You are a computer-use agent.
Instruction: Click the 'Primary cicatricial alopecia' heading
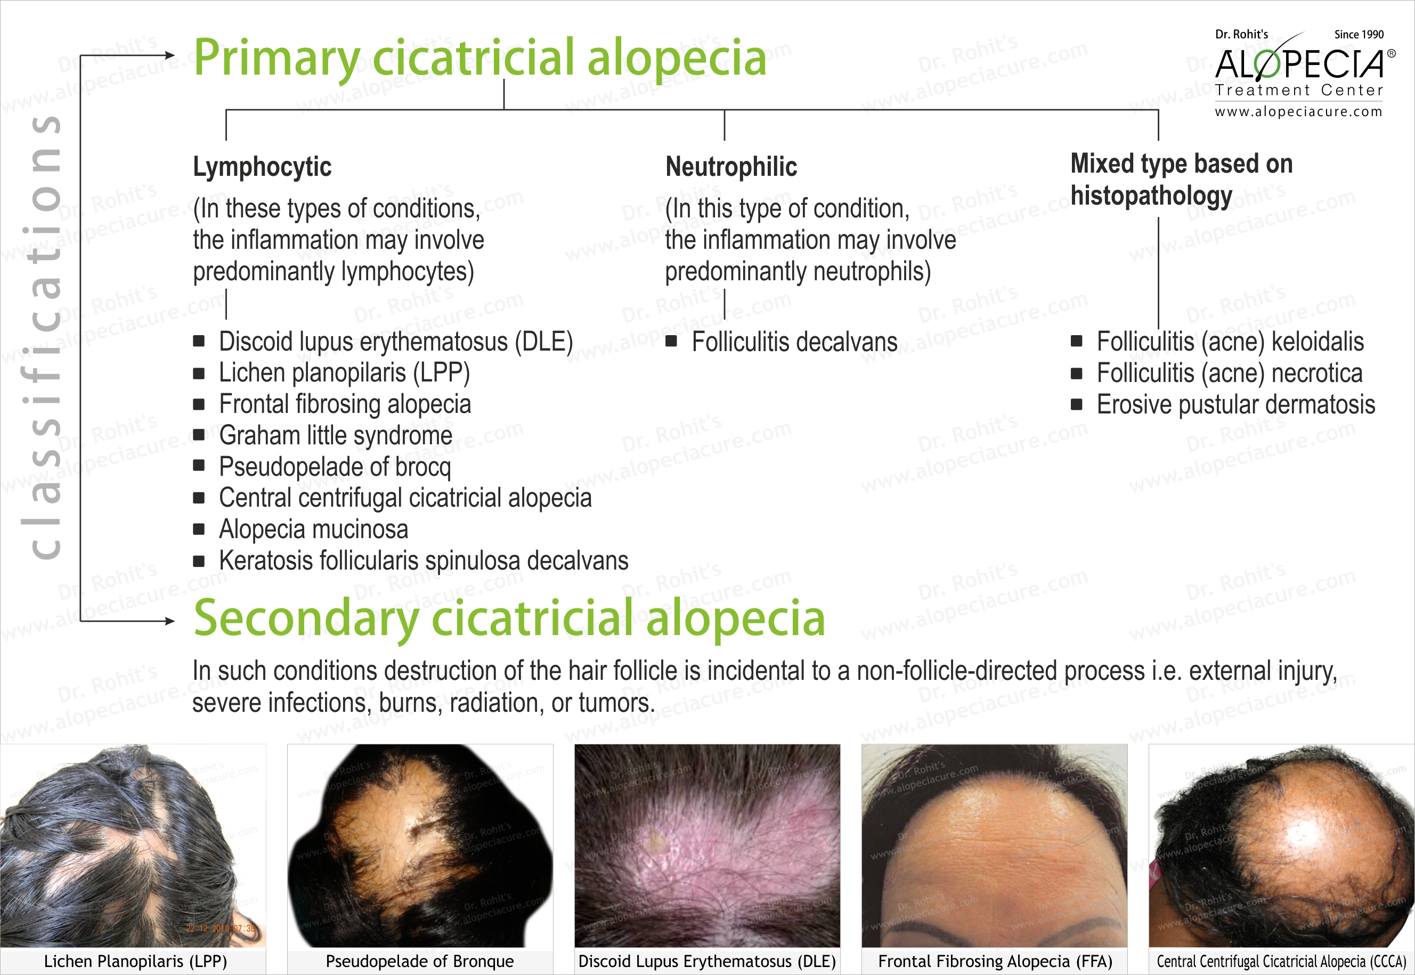coord(479,58)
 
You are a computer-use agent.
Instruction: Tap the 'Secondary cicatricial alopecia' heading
coord(509,617)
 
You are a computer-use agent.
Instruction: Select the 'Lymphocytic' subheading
coord(262,167)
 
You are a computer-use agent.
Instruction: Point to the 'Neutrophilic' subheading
coord(731,167)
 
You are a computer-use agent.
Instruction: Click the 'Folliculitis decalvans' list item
coord(794,342)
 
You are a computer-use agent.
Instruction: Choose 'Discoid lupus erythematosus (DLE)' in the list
coord(396,342)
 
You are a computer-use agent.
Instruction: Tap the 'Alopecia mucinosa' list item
coord(313,529)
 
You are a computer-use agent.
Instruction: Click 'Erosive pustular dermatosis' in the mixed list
coord(1235,404)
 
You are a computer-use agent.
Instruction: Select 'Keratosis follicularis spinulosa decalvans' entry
coord(423,560)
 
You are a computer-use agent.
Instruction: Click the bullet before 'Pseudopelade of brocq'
coord(199,466)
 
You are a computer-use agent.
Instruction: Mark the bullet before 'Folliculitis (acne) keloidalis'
coord(1076,341)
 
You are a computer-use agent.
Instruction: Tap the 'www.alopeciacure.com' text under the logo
coord(1298,112)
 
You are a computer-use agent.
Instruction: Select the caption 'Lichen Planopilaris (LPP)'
coord(135,962)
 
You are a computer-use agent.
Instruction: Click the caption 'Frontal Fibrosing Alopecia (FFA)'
coord(995,962)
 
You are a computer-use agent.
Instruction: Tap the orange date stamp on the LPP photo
coord(221,929)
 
